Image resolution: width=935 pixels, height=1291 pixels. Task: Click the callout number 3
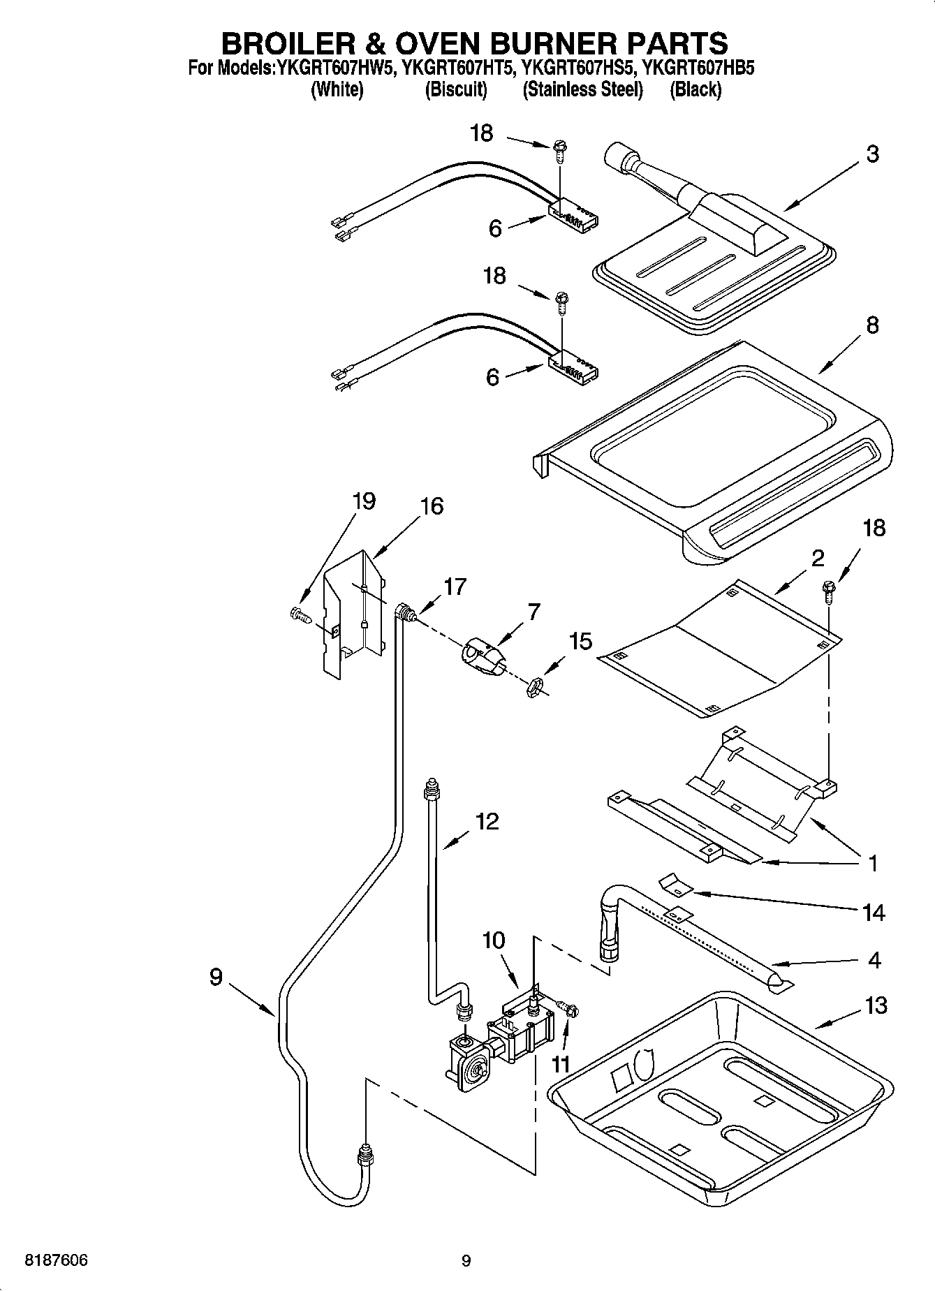872,154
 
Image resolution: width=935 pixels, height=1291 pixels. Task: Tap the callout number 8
871,325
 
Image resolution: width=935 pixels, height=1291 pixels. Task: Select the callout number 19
363,501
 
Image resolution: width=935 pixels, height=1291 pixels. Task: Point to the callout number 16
432,506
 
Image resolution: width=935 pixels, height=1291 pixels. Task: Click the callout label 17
455,587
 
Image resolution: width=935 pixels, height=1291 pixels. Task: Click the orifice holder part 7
483,657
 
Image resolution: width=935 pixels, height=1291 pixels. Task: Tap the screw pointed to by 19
300,614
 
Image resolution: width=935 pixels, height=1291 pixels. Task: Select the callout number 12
487,821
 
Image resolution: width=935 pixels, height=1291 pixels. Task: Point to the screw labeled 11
568,1008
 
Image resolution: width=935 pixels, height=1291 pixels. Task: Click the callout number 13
875,1005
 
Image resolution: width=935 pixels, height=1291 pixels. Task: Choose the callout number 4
874,960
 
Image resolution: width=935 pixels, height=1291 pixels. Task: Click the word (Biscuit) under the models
456,89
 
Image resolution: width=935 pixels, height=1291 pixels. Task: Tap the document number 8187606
57,1260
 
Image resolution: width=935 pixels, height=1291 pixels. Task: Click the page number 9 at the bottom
466,1260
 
